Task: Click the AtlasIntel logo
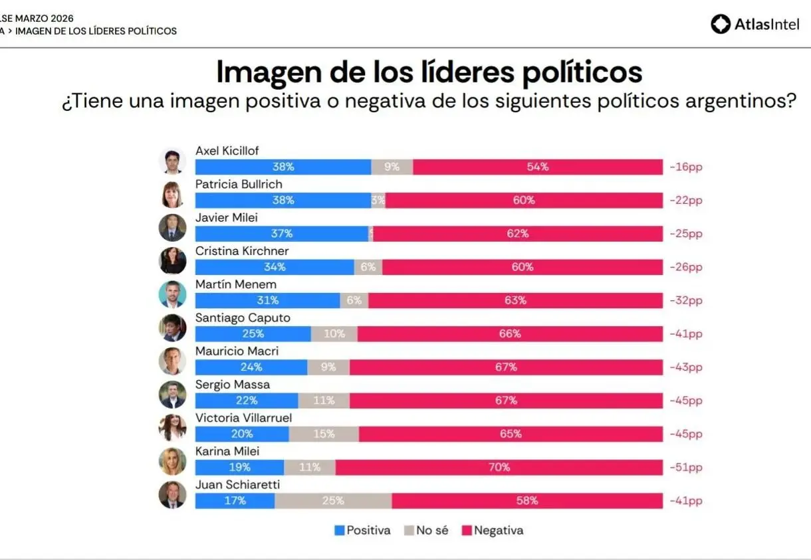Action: (x=755, y=25)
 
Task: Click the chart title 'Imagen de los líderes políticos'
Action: (x=429, y=72)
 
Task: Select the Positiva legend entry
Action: (x=363, y=530)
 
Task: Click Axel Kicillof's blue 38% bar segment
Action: (x=283, y=167)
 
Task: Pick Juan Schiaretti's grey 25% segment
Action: (x=333, y=500)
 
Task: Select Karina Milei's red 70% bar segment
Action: (x=499, y=467)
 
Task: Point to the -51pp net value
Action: (x=686, y=467)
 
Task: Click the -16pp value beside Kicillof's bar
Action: (x=686, y=167)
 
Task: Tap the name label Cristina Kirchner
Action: (x=242, y=251)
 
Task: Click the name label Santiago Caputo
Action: (x=243, y=318)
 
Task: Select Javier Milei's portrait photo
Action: (x=172, y=227)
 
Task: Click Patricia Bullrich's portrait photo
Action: (x=172, y=194)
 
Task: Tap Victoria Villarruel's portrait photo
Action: (x=172, y=427)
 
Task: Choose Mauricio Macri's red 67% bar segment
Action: (x=506, y=367)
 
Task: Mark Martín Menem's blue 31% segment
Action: (x=267, y=300)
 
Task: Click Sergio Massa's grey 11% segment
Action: (x=324, y=400)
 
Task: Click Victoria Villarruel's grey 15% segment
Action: (x=324, y=434)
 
